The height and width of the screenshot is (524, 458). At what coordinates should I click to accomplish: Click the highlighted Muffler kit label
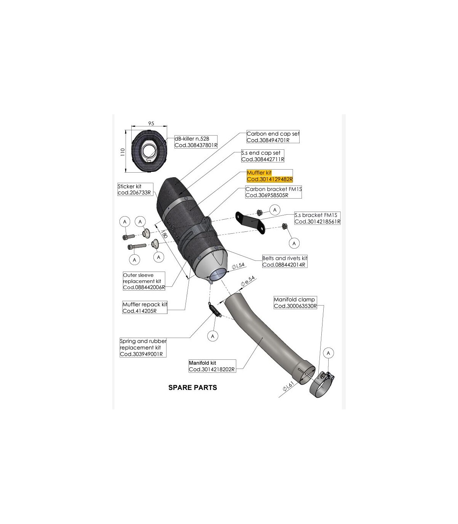click(269, 176)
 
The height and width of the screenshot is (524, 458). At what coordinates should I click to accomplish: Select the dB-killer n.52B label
click(196, 142)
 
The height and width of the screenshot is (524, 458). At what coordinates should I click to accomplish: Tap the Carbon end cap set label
click(273, 137)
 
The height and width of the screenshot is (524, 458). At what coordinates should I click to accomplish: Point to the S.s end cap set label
click(263, 156)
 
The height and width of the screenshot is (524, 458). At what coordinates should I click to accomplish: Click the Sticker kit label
click(135, 189)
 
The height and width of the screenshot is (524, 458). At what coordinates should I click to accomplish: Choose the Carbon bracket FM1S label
click(273, 192)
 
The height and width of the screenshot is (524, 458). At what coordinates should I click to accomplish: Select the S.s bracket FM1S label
click(317, 218)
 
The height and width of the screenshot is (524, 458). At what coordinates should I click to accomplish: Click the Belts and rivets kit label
click(284, 261)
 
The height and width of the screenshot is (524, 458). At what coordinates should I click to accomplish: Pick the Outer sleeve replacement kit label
click(144, 281)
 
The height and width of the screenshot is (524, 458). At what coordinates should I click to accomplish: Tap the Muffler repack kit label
click(145, 307)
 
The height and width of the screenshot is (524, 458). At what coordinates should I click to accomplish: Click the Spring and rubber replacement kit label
click(143, 348)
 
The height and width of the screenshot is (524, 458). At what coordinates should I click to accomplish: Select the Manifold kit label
click(212, 366)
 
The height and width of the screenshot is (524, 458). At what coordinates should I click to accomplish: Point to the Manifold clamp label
click(295, 302)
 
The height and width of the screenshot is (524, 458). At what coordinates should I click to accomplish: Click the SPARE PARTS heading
click(192, 388)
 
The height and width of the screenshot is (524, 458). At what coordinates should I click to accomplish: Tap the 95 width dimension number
click(151, 123)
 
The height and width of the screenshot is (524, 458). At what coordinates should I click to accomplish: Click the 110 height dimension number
click(123, 152)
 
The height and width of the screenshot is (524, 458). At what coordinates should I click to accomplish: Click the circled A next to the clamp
click(328, 353)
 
